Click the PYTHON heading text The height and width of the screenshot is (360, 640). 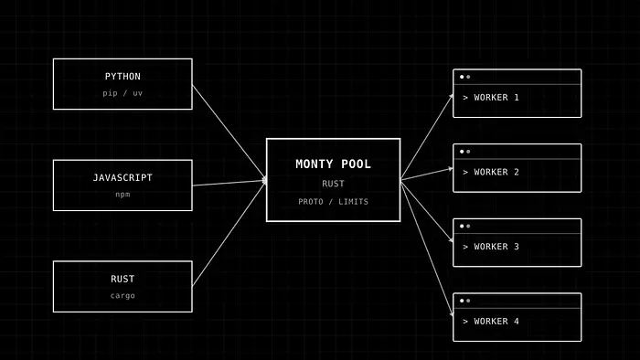[x=123, y=76]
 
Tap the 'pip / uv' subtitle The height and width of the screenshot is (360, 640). [x=123, y=93]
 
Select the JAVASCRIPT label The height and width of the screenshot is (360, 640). [x=123, y=177]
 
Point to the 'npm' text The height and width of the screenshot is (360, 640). [x=123, y=195]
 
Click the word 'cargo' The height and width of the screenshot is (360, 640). [x=123, y=295]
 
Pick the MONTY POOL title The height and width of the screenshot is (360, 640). [x=333, y=164]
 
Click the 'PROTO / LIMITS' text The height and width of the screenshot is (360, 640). [x=333, y=201]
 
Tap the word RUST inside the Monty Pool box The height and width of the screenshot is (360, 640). [x=333, y=184]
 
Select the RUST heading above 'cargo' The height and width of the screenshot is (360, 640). [x=123, y=279]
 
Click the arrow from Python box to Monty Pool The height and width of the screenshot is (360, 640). [x=229, y=132]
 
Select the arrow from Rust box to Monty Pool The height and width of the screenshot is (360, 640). [x=229, y=233]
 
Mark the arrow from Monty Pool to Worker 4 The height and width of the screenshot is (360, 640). [x=427, y=248]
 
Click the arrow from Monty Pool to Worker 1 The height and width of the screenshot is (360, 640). [x=427, y=136]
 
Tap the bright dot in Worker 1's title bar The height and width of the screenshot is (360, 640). [x=462, y=77]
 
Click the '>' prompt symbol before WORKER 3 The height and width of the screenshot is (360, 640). [x=465, y=247]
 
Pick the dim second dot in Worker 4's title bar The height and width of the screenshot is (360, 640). [x=468, y=301]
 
